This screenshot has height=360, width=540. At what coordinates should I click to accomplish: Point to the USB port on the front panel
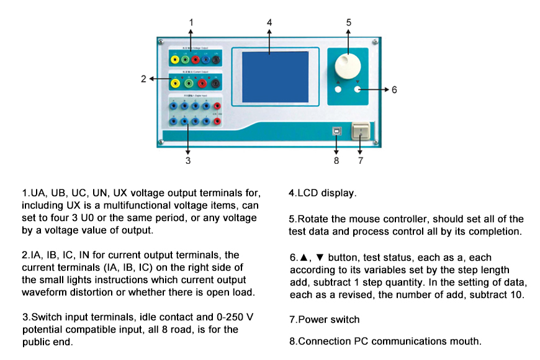coord(336,132)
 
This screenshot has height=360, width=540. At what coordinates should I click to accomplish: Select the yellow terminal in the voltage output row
coord(176,60)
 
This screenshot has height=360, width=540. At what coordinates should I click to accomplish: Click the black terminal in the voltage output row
coord(216,60)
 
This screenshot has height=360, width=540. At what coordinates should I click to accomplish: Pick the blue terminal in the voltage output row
coord(205,60)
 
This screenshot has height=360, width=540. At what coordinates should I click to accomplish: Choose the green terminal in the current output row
coord(189,83)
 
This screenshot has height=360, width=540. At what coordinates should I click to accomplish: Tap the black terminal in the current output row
coord(215,83)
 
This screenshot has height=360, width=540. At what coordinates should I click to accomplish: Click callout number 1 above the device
coord(191,22)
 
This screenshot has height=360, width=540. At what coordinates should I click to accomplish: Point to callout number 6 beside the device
coord(394,90)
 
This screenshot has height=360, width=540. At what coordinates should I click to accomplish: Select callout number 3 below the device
coord(187,160)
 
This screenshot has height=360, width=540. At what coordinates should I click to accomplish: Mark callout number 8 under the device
coord(336,160)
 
